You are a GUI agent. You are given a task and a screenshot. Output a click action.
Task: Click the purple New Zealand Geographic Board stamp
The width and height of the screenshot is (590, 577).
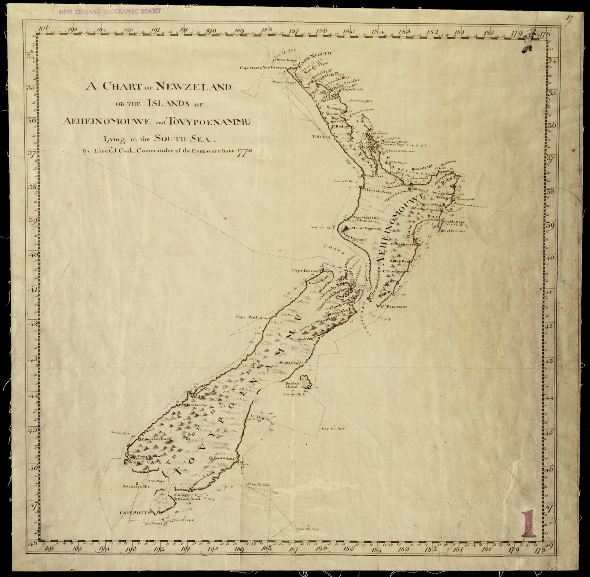[110, 11]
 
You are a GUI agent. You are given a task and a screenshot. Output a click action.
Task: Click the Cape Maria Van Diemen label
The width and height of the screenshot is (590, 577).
[263, 68]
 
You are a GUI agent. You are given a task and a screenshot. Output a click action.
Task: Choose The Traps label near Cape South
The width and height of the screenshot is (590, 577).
[151, 523]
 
